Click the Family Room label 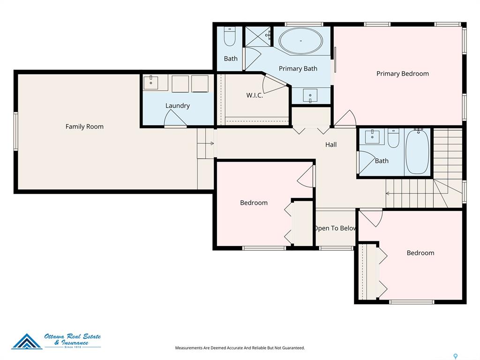tap(84, 127)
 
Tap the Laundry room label tap(178, 105)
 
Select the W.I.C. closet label tap(255, 95)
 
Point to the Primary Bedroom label tap(403, 74)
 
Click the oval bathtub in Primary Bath tap(300, 41)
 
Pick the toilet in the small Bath tap(229, 37)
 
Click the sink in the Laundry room tap(151, 82)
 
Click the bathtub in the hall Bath tap(417, 152)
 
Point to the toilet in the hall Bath tap(393, 138)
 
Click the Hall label tap(331, 144)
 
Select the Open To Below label tap(335, 228)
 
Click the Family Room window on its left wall tap(15, 131)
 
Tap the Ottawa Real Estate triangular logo tap(27, 341)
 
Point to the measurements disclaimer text tap(240, 348)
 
